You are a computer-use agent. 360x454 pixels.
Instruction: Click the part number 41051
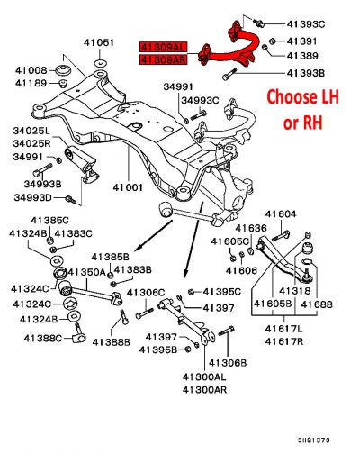(x=99, y=42)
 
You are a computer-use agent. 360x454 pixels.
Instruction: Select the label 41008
(x=30, y=69)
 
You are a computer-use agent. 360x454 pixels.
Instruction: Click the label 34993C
(x=203, y=100)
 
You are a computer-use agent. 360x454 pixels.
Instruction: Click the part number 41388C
(x=30, y=339)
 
